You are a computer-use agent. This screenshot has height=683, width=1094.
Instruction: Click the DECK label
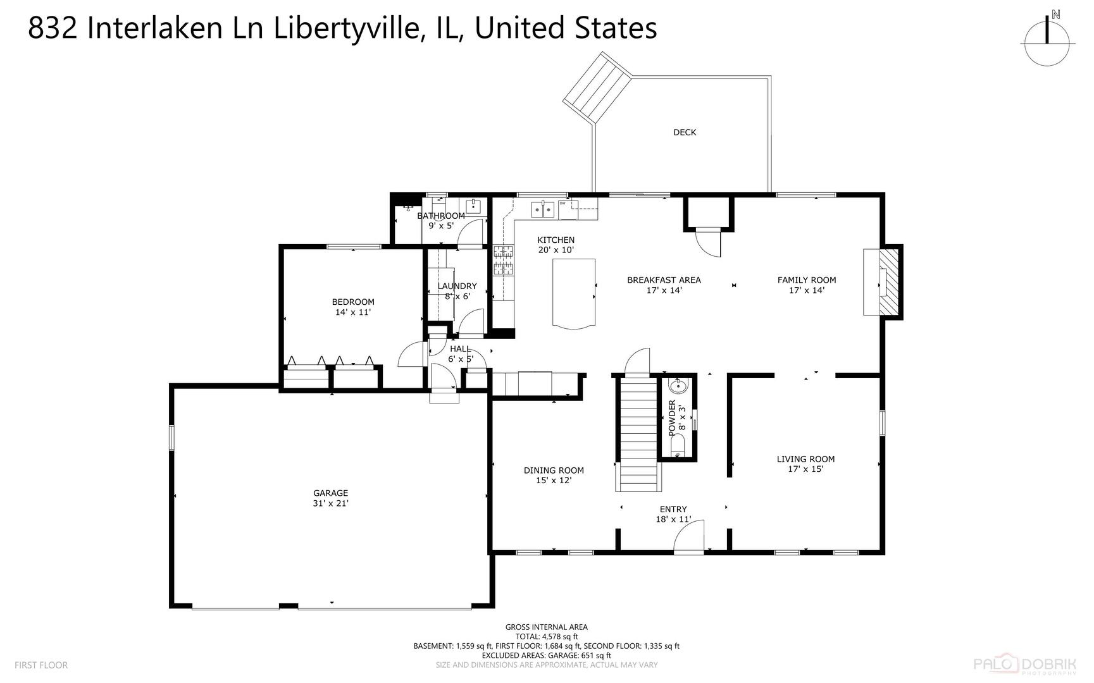click(685, 132)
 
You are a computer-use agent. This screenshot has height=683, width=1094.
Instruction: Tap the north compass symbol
click(1048, 39)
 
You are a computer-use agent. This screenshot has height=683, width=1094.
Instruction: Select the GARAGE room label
click(330, 493)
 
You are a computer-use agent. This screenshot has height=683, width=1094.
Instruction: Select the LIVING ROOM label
click(805, 459)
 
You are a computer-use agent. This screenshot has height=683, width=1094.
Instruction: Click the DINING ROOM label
click(554, 470)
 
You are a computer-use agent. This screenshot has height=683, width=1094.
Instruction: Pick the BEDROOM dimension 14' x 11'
click(353, 312)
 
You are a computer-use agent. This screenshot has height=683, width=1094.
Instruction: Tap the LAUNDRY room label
click(457, 286)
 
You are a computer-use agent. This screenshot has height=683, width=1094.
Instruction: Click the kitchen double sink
click(544, 207)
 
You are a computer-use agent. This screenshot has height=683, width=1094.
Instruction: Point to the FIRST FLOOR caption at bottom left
click(41, 665)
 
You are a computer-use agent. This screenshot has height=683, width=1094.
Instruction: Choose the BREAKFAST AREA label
click(664, 280)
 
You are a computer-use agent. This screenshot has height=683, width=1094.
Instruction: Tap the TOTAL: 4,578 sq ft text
click(547, 636)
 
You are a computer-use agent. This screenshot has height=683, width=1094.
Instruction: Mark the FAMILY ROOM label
click(807, 280)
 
